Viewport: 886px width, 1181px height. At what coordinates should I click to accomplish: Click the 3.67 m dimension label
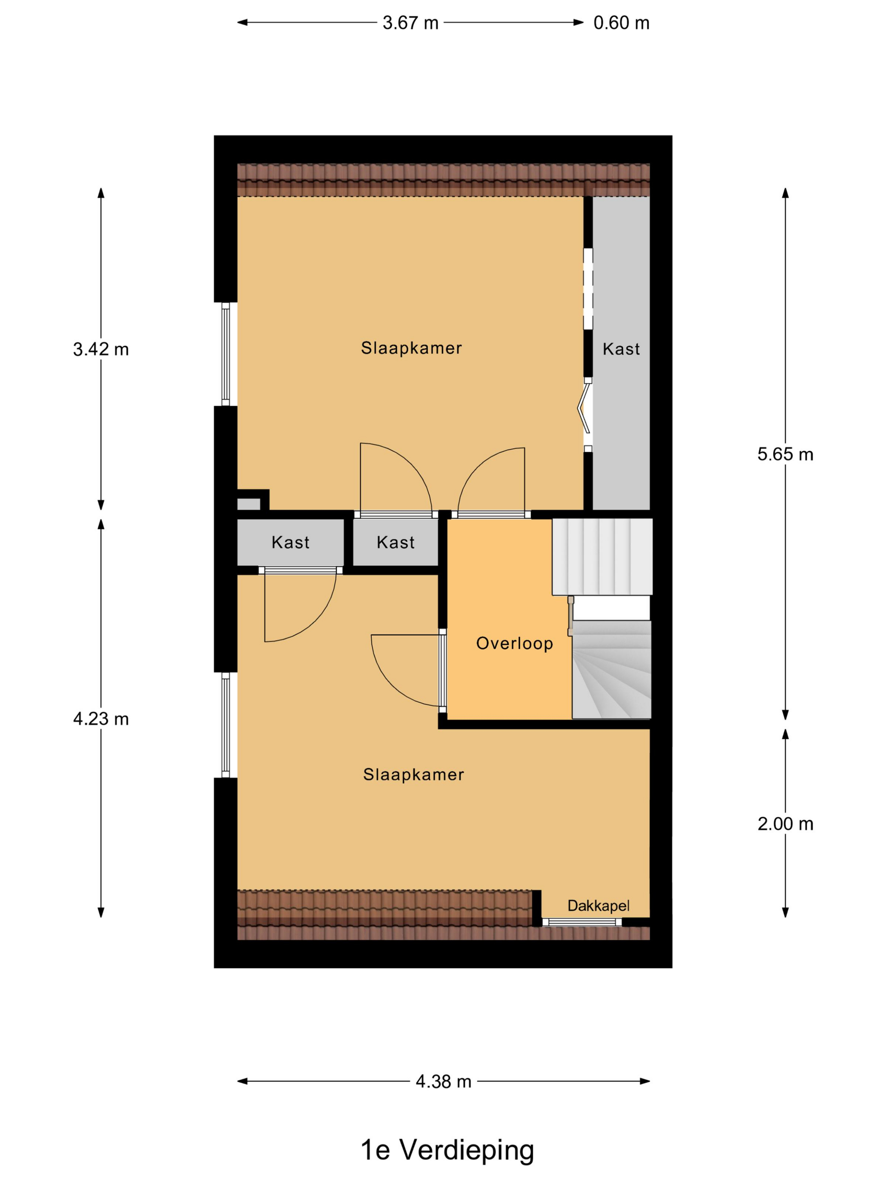point(410,23)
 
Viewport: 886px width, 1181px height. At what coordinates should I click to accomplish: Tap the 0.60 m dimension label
point(621,23)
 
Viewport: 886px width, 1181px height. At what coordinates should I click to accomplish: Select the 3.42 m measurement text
point(101,349)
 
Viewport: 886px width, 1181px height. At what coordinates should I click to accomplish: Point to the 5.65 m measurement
point(785,454)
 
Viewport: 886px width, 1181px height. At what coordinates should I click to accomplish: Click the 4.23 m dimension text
point(101,719)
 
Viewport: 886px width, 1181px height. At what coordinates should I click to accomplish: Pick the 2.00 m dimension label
point(785,824)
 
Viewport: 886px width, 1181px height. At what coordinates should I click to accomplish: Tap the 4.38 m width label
point(443,1082)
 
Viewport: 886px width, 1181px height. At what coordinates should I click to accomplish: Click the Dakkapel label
point(598,906)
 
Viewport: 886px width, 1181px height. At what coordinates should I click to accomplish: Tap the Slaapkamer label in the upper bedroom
point(411,348)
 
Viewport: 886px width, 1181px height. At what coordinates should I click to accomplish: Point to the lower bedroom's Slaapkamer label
point(413,775)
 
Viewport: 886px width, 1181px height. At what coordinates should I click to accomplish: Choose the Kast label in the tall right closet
point(621,349)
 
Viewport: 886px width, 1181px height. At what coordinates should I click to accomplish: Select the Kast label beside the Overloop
point(395,542)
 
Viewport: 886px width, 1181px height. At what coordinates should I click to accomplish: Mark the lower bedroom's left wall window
point(225,725)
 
